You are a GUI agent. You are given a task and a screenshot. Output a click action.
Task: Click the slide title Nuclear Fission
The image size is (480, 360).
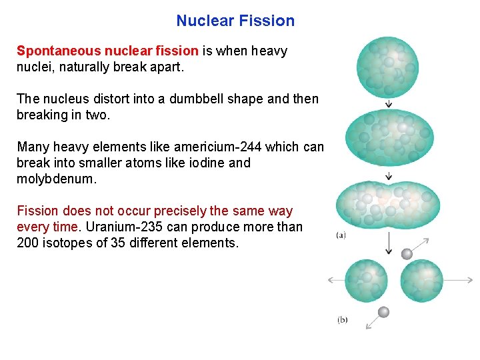coord(235,21)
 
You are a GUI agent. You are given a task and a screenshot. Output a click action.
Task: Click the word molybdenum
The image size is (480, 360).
coord(57,179)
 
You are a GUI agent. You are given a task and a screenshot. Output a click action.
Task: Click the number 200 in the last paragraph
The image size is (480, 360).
coord(27,243)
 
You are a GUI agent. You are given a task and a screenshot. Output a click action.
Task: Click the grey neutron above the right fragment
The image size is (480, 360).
coord(407,253)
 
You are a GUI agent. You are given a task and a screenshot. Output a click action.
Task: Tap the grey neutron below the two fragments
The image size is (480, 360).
coord(384,312)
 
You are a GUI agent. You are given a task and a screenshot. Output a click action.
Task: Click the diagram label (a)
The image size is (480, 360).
coord(341,235)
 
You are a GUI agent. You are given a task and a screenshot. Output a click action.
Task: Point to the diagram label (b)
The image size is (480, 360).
coord(342,320)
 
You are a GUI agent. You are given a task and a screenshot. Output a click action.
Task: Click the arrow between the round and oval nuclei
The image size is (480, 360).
coord(388,103)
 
